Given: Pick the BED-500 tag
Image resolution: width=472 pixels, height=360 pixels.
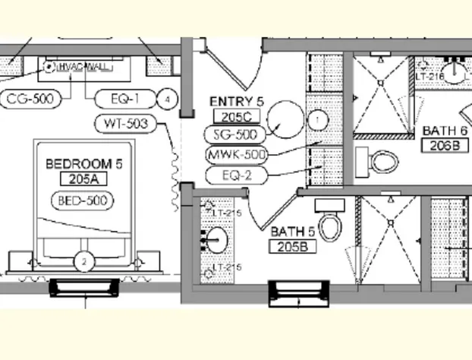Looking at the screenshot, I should click(81, 201).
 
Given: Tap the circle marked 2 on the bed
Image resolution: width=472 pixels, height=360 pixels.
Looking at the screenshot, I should click(84, 261).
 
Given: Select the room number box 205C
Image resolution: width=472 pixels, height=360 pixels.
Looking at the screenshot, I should click(236, 116).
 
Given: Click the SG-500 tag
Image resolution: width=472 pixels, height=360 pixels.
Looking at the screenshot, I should click(235, 134).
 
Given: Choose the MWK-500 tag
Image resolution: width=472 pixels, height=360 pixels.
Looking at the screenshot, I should click(238, 155).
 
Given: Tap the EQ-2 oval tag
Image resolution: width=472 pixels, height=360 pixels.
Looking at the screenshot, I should click(235, 176).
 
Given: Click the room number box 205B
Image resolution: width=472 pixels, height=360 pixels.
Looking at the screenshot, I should click(291, 247).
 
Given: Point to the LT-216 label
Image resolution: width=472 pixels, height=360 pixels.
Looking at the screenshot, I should click(429, 77).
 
